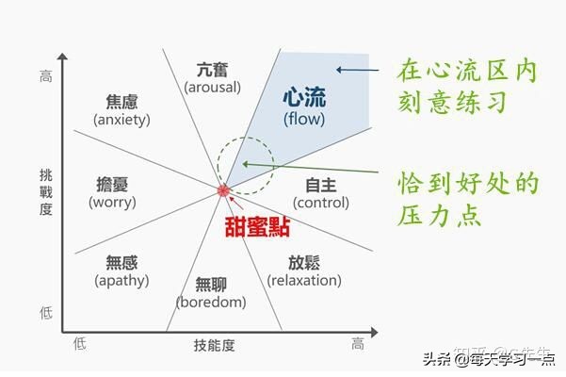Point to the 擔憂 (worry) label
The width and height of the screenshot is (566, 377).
112,191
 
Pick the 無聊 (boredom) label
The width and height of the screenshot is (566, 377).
210,291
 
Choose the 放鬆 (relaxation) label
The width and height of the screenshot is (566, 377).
302,270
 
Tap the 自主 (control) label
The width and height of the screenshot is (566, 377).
321,191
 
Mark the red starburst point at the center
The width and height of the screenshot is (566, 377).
223,191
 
